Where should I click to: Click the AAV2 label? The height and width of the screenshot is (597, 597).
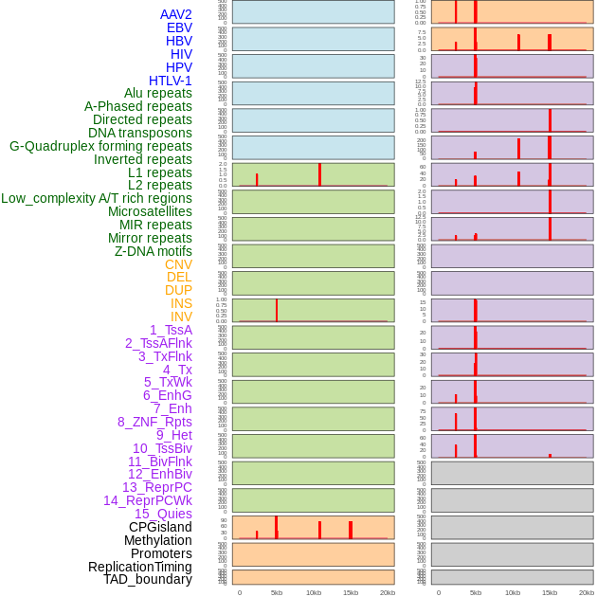click(x=175, y=14)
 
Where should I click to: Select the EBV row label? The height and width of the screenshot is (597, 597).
click(x=178, y=27)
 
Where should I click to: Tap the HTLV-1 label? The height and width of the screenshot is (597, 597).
click(x=170, y=81)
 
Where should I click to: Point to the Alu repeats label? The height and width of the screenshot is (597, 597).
click(x=158, y=93)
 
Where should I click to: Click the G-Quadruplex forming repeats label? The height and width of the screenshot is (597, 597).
click(x=100, y=146)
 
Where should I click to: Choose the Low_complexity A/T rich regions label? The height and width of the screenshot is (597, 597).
click(x=97, y=198)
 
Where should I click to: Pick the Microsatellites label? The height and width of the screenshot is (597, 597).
click(x=150, y=211)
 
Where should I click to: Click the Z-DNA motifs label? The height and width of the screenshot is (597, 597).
click(x=154, y=251)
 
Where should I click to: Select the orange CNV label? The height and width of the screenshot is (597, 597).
click(x=178, y=264)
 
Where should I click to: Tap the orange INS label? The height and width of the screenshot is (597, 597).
click(x=181, y=303)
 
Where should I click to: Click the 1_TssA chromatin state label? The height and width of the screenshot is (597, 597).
click(x=171, y=330)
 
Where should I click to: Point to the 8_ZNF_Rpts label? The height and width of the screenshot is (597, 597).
click(x=154, y=422)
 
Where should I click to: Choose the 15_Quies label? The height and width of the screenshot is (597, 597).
click(x=163, y=514)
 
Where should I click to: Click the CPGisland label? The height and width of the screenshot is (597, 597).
click(x=160, y=527)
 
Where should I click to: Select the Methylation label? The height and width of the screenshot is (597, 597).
click(x=157, y=540)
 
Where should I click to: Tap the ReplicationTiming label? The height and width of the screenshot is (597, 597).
click(x=139, y=567)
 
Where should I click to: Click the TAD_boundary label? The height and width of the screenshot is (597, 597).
click(x=147, y=579)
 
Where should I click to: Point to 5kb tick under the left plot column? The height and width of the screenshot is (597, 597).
click(x=277, y=592)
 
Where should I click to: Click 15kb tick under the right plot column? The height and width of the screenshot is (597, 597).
click(x=550, y=592)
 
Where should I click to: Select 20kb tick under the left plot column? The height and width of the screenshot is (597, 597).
click(x=388, y=592)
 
